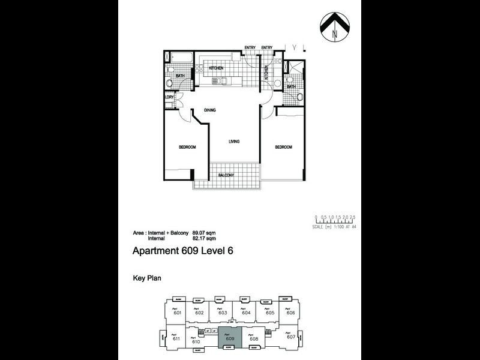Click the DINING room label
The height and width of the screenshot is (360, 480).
[x=209, y=110]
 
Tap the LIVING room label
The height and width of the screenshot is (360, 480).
[x=234, y=142]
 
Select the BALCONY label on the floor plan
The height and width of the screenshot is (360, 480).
[x=226, y=175]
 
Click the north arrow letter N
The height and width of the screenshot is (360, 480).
[x=335, y=34]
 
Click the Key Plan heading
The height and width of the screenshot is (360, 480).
[x=145, y=278]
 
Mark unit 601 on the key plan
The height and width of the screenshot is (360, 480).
[x=177, y=313]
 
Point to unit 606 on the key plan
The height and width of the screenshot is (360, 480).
[x=290, y=313]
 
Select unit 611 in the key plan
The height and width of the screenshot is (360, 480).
[x=176, y=338]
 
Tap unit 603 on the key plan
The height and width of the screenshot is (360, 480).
[x=222, y=313]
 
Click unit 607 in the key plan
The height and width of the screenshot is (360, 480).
[x=291, y=337]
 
